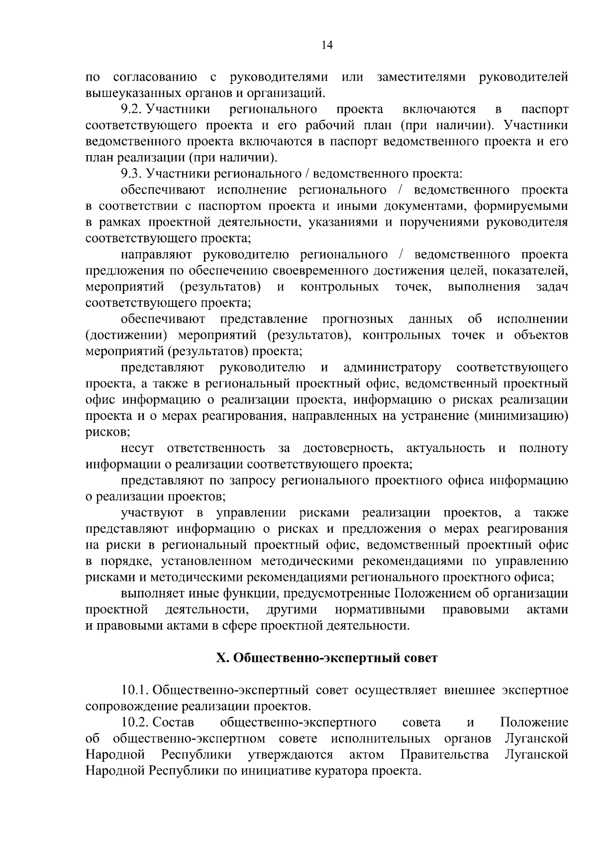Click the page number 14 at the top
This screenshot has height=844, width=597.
327,45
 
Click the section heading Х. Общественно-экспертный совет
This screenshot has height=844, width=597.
327,658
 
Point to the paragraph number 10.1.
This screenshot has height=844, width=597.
135,690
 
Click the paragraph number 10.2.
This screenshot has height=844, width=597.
135,723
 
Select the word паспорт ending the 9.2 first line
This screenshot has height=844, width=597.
545,109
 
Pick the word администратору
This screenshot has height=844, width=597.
392,368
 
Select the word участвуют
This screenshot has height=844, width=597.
152,513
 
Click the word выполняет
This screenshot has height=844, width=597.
153,593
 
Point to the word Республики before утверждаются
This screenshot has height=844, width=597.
196,755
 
